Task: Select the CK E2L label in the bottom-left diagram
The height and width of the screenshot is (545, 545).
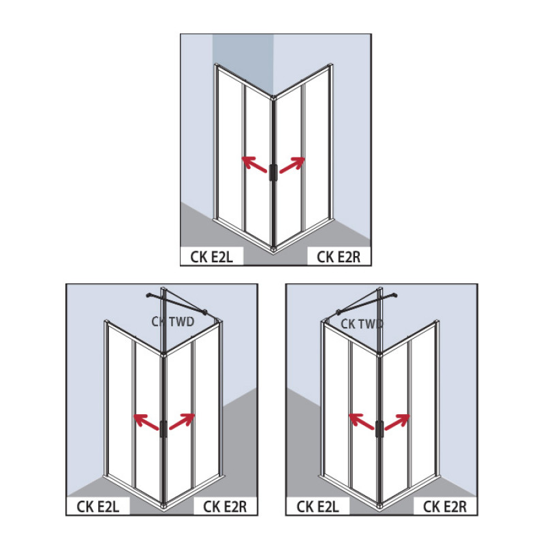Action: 96,506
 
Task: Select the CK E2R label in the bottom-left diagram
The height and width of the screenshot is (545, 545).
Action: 222,506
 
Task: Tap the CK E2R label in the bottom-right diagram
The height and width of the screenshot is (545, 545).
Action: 445,506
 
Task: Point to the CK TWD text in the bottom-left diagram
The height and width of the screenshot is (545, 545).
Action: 174,322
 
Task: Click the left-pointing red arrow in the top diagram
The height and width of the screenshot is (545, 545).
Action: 254,164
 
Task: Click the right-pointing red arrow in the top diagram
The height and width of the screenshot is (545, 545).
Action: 292,164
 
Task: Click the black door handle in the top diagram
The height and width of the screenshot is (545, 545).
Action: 272,172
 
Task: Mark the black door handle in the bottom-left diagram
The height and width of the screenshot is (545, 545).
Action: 163,429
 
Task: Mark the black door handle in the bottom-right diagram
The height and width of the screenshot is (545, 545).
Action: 379,429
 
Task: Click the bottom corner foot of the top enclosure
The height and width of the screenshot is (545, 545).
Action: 272,249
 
